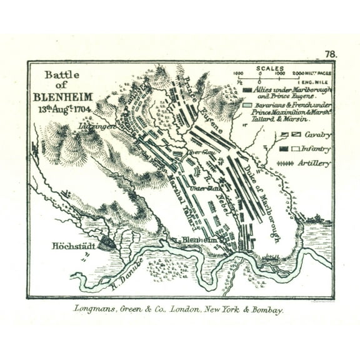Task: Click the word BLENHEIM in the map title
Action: click(x=62, y=97)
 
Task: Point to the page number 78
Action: click(x=331, y=54)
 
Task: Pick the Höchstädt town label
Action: click(x=74, y=246)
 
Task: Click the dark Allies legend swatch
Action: click(x=247, y=90)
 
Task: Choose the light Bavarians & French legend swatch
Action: click(x=247, y=106)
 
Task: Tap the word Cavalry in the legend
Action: click(x=318, y=134)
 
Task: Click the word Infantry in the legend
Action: click(x=318, y=149)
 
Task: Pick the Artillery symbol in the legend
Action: click(x=285, y=163)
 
